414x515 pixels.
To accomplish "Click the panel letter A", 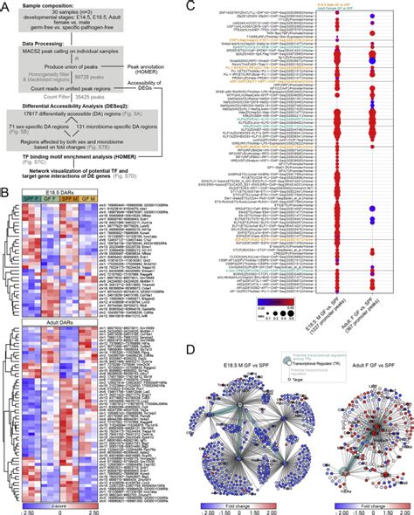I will pyautogui.click(x=5, y=6).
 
